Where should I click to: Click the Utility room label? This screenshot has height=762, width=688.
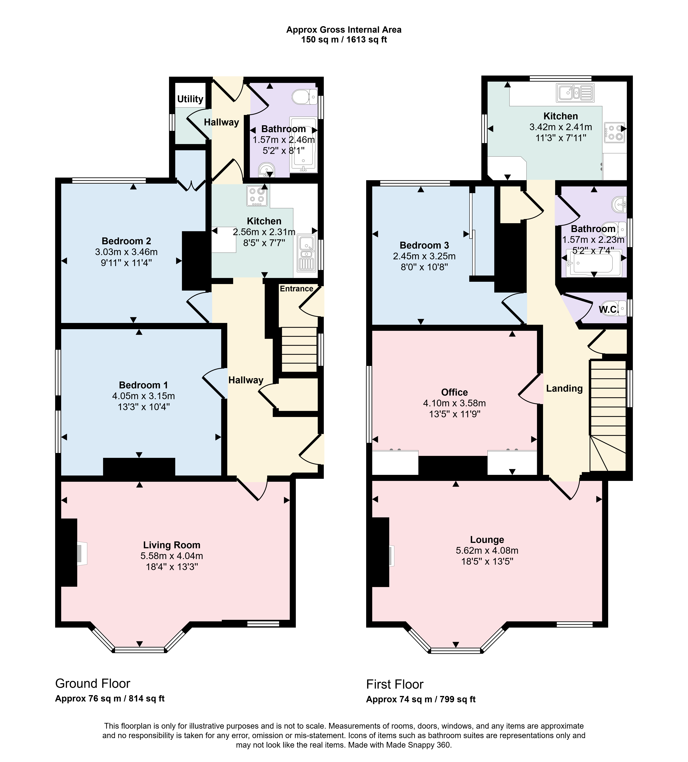190,99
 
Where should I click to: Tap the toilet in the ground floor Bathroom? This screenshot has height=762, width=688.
304,97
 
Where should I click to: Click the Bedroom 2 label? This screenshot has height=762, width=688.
126,241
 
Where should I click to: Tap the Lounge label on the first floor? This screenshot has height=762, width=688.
487,539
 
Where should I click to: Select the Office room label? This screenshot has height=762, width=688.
454,392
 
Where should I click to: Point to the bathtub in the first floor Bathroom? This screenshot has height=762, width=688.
593,263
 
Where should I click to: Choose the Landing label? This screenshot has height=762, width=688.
564,388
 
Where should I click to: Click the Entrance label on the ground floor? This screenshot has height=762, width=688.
296,289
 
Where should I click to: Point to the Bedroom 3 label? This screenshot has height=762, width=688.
424,245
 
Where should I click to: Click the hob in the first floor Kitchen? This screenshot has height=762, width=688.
614,132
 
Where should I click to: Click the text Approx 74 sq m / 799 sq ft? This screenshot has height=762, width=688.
421,699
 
